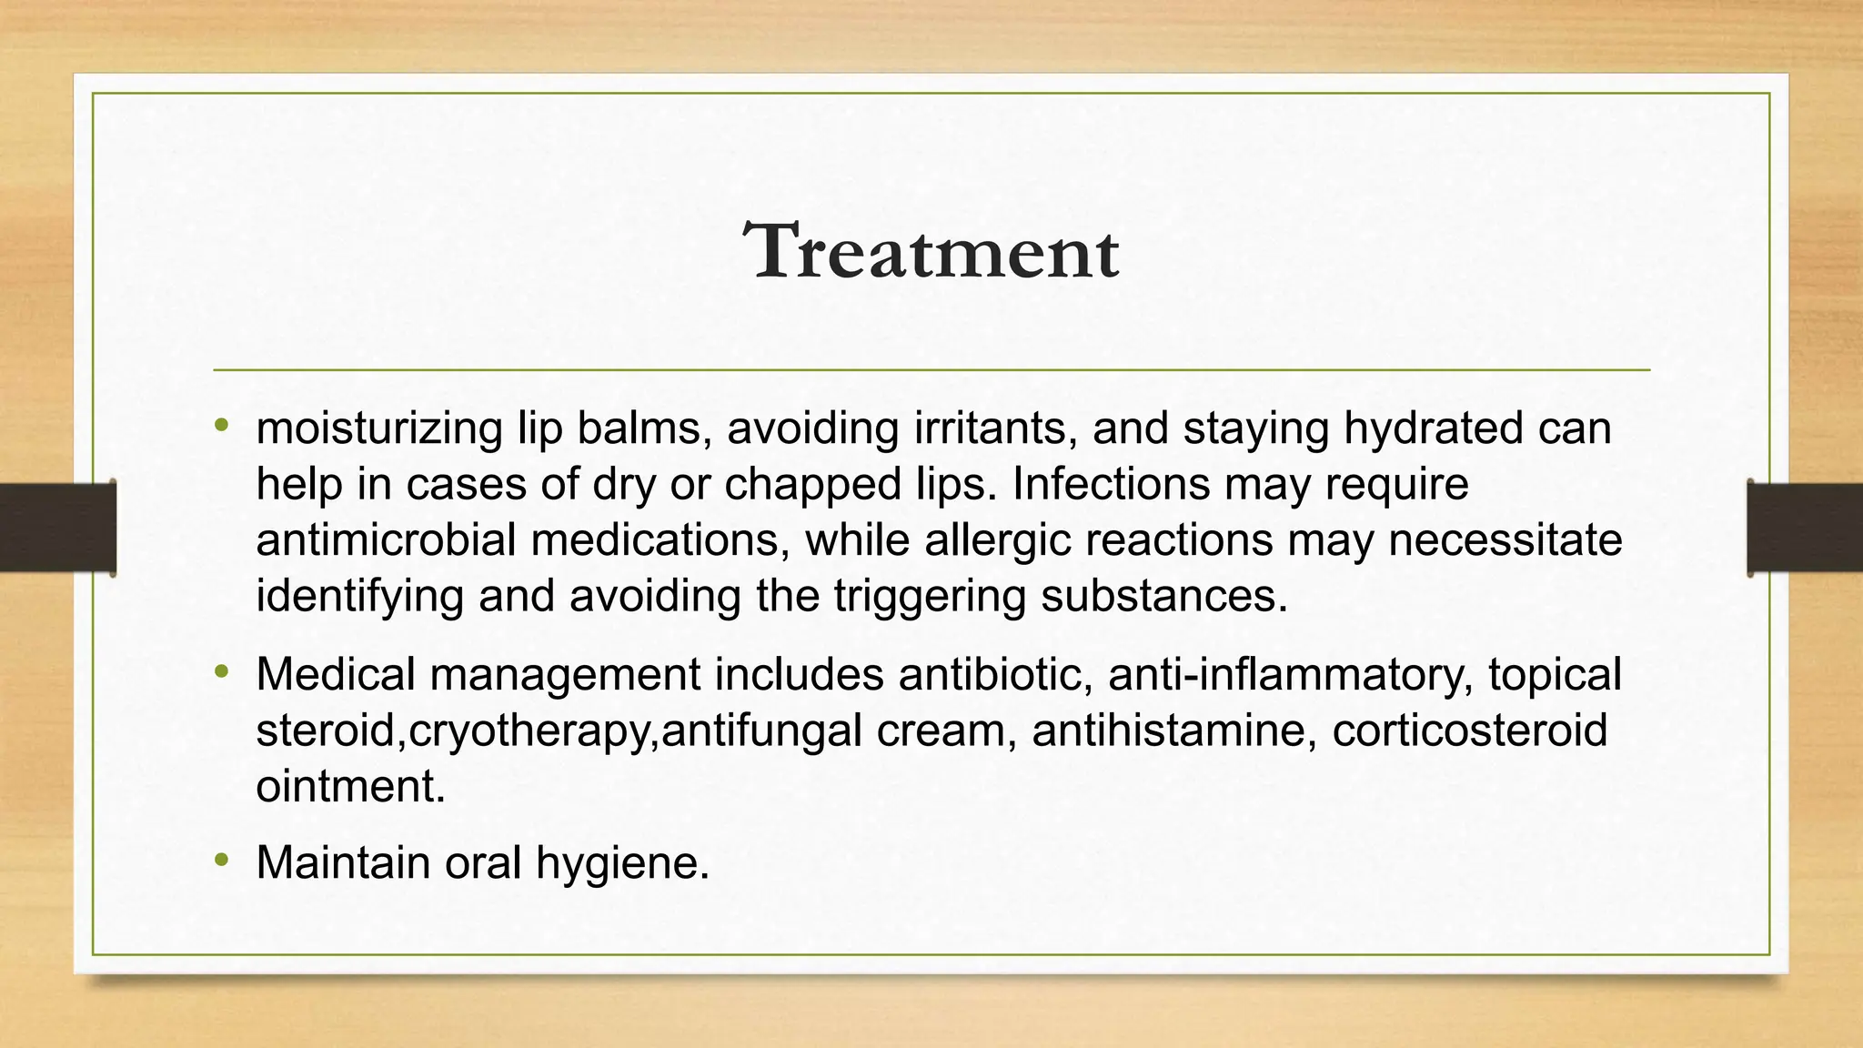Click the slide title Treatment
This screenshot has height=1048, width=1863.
[931, 251]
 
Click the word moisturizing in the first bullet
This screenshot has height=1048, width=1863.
[379, 429]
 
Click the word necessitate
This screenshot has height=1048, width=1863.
[1505, 540]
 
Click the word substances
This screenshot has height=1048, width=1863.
[1164, 597]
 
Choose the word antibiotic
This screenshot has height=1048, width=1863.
[995, 675]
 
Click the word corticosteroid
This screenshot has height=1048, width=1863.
[1469, 731]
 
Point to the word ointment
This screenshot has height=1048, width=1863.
[351, 787]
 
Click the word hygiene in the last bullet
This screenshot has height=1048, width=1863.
[622, 864]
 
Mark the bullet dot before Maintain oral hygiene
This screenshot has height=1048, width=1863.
[222, 860]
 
